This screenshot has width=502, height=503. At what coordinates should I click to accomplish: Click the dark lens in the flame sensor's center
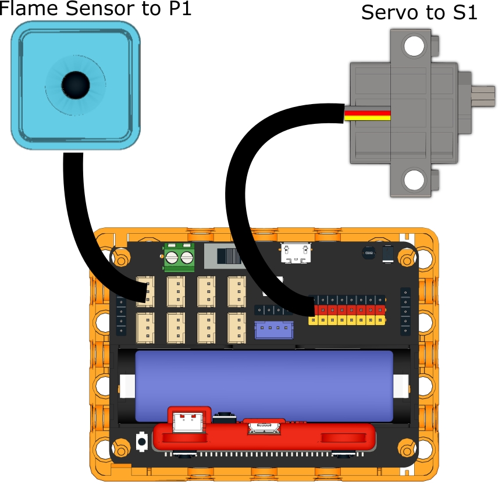point(76,84)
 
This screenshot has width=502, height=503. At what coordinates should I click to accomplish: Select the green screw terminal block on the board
point(179,258)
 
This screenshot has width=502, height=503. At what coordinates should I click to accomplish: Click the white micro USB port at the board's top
point(296,252)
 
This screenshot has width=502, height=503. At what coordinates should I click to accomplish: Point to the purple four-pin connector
point(273,330)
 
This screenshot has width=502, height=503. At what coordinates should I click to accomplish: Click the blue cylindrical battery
point(265,384)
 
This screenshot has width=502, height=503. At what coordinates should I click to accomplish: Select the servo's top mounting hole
point(414,46)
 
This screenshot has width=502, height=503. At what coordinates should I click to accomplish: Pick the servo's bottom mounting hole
point(414,179)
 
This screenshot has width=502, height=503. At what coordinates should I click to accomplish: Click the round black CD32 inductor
point(368,254)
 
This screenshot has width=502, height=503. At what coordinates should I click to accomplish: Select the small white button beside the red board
point(141,441)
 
